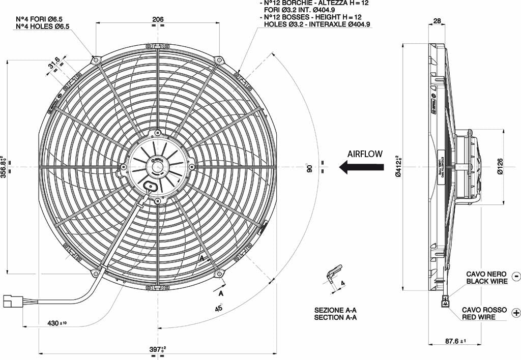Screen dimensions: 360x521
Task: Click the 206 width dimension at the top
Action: (158, 19)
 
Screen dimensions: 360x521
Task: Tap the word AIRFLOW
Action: (365, 154)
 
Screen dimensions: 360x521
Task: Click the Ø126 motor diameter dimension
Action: (500, 166)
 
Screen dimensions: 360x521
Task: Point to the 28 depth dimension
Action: (437, 21)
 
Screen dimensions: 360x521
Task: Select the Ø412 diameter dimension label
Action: (398, 166)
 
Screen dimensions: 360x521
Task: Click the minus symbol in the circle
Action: (515, 277)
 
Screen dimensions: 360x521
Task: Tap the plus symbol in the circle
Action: (516, 313)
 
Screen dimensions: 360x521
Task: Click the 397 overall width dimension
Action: (157, 349)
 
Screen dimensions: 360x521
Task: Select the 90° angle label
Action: (308, 168)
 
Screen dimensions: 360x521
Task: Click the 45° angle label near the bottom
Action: (219, 308)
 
